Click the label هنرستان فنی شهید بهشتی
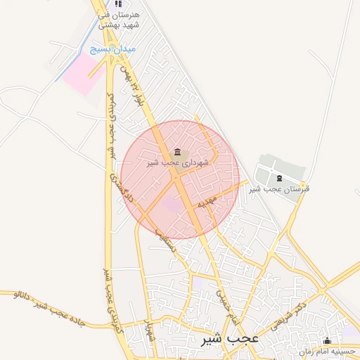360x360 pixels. (122, 20)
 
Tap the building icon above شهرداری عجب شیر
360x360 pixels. (176, 152)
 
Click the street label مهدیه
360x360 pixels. (206, 202)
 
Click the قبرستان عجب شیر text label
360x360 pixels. (282, 188)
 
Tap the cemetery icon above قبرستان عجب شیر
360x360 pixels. (280, 178)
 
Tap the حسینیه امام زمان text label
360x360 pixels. (327, 351)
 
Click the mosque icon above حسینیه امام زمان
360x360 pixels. (326, 341)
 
